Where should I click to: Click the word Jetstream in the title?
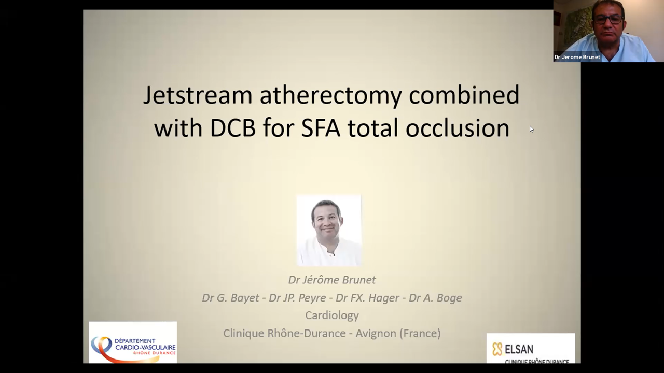(198, 95)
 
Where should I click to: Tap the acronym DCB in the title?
(233, 128)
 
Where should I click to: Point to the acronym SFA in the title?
(321, 128)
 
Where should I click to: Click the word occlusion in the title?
(458, 127)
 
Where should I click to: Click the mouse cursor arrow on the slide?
(532, 129)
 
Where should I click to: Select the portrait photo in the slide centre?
(329, 231)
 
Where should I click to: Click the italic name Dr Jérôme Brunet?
(332, 280)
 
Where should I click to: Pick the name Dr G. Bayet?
(231, 298)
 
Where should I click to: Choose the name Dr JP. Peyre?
(297, 298)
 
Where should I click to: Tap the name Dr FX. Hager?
(367, 298)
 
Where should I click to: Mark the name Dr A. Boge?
(435, 298)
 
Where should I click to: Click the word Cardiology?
(332, 315)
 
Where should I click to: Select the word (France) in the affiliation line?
(420, 333)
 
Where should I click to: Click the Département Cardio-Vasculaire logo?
(133, 342)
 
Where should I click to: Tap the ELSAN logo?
(531, 349)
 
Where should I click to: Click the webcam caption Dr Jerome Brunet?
(577, 57)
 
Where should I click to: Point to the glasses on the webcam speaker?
(608, 19)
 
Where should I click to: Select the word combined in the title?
(464, 95)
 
